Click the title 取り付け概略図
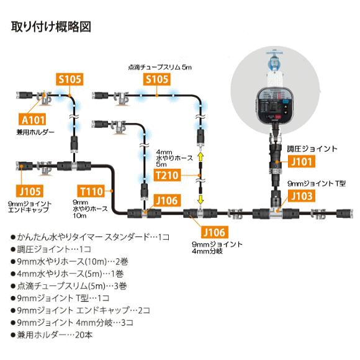click(x=52, y=28)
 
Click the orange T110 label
click(x=92, y=191)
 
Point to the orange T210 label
click(x=166, y=176)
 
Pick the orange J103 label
click(x=300, y=197)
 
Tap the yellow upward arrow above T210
click(x=200, y=158)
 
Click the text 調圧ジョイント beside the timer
click(x=312, y=149)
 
